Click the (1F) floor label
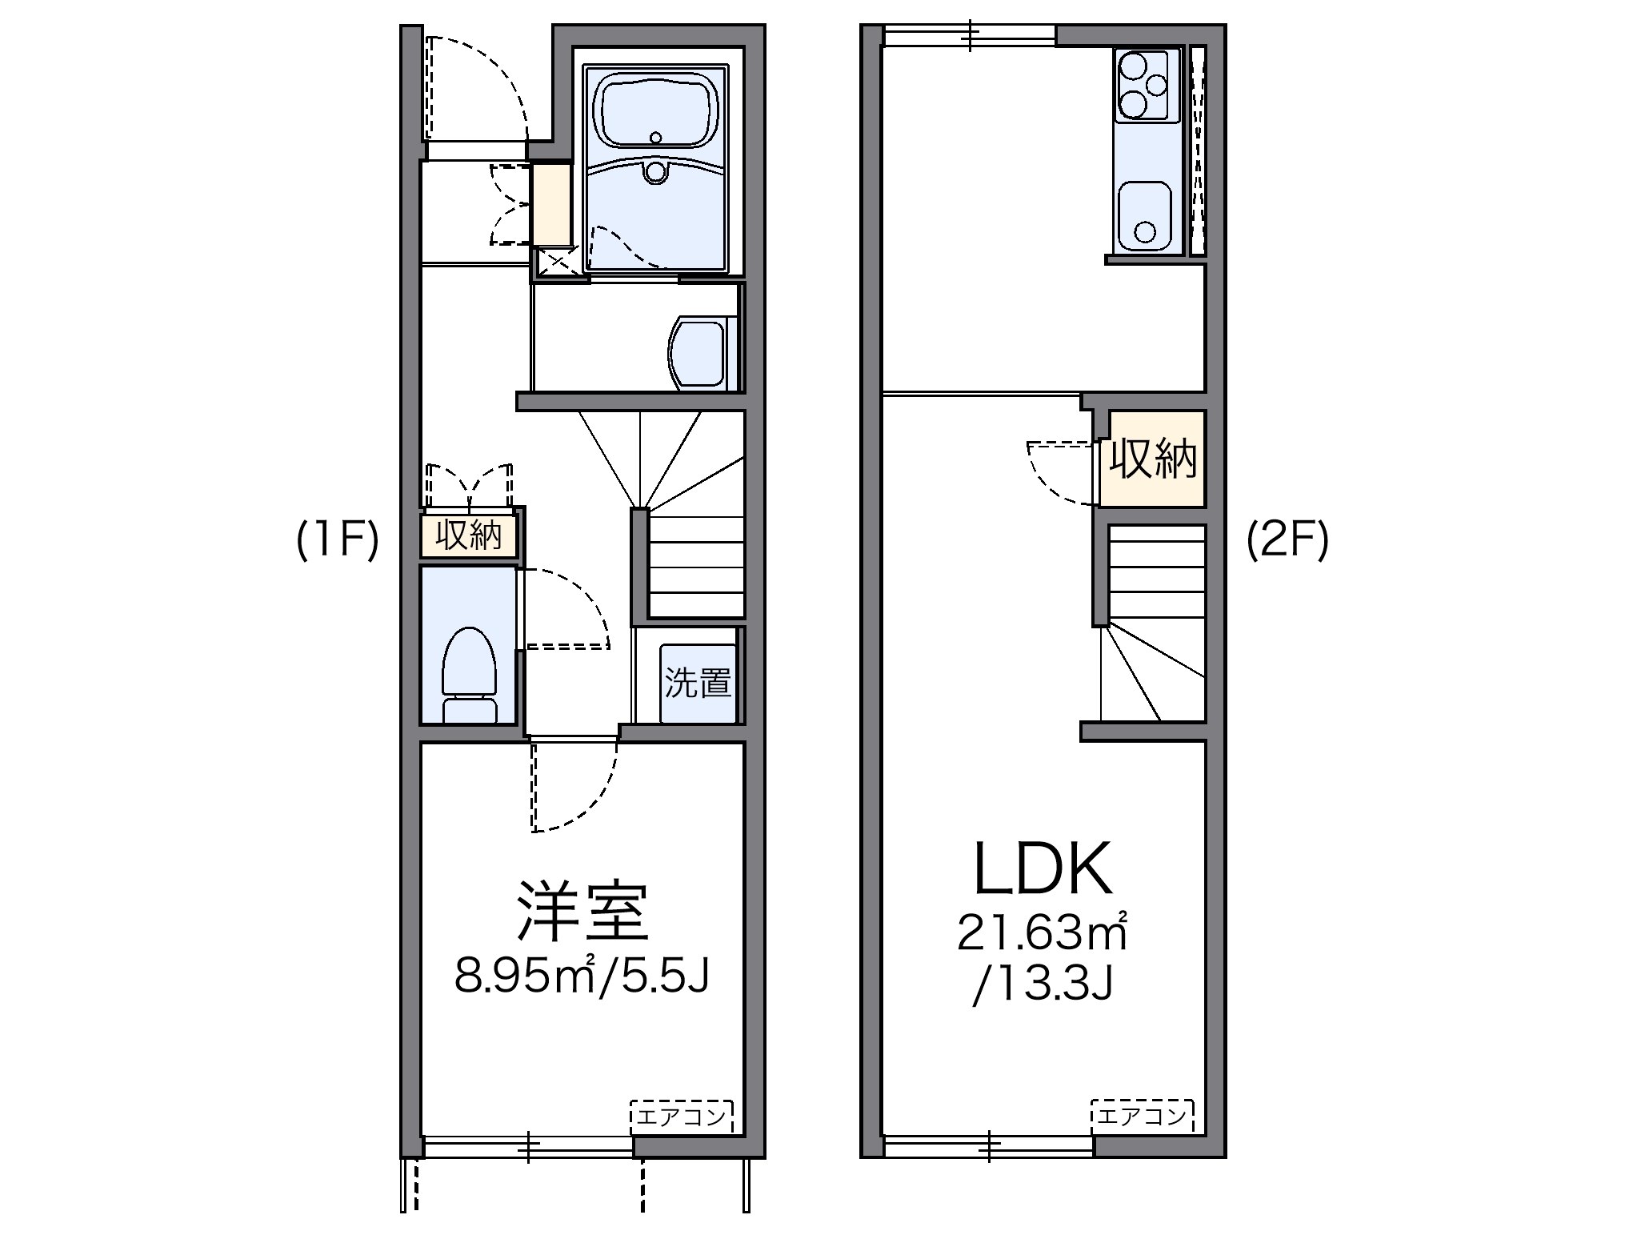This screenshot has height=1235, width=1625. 337,541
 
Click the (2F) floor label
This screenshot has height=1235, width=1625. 1287,541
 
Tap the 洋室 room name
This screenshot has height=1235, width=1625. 582,913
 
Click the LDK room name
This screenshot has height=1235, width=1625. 1043,869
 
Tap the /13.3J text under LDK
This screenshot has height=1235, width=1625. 1043,987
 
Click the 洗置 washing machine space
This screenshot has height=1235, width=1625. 698,684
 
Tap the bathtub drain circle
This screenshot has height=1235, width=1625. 656,138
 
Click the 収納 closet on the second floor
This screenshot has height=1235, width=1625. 1152,459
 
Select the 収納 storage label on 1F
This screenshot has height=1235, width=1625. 469,535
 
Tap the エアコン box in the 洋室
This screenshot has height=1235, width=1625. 681,1116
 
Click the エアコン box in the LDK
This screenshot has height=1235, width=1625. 1142,1116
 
